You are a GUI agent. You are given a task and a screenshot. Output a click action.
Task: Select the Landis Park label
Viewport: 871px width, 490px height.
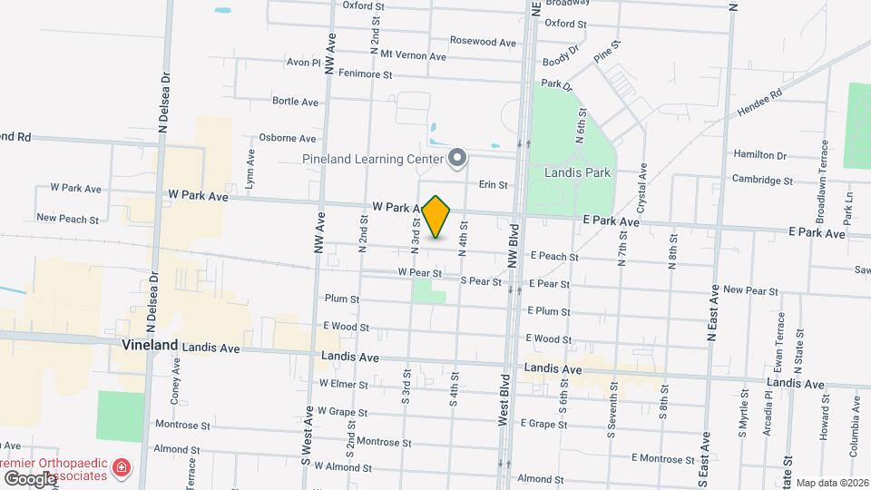pos(577,172)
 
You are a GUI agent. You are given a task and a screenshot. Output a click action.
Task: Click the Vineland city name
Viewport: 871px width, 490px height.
pos(150,346)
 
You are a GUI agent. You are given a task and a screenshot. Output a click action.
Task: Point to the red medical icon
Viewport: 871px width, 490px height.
pos(121,469)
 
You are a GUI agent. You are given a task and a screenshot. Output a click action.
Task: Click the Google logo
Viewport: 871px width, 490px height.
pos(30,478)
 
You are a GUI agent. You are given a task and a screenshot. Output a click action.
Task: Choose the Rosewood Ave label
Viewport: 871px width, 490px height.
pos(483,42)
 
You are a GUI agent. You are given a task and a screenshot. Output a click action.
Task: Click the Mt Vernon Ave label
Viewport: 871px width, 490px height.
pos(414,55)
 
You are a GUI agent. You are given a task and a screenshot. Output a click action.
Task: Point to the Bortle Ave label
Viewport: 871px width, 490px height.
pos(295,102)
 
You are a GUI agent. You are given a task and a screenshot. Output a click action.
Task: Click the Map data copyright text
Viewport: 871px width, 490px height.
pos(832,484)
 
